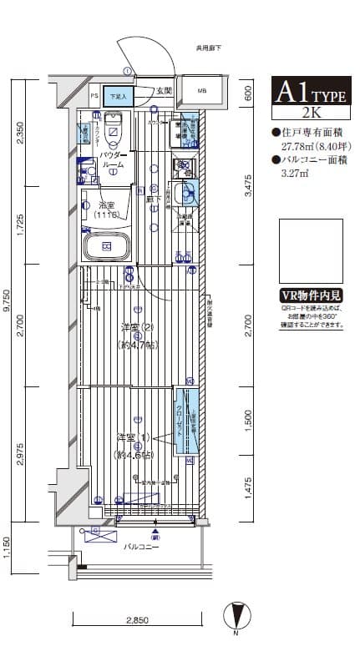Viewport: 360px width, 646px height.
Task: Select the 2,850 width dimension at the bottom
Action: [x=138, y=622]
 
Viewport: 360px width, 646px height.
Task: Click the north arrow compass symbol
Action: [x=241, y=616]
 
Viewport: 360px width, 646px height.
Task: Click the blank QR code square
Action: [x=310, y=252]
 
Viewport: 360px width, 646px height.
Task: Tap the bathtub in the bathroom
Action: [x=105, y=247]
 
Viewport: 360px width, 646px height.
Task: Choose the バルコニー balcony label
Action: [x=137, y=548]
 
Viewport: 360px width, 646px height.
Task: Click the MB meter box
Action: [x=201, y=91]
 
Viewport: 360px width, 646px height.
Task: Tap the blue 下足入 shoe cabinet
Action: [x=118, y=97]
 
